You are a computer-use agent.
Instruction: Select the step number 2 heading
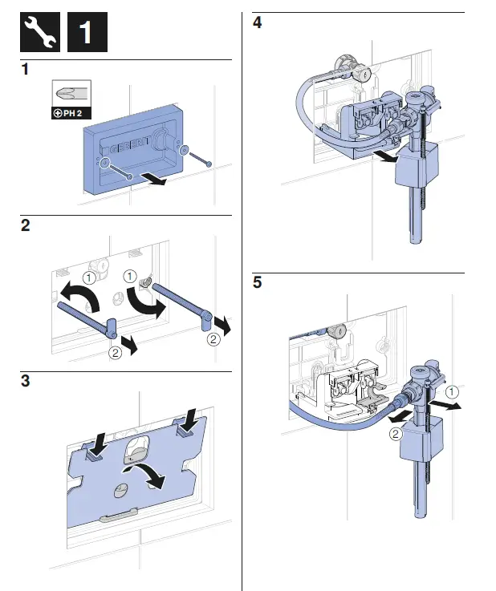(26, 226)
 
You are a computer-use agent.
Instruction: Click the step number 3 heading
(26, 382)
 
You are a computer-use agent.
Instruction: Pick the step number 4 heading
(257, 22)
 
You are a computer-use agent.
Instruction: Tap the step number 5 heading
(257, 282)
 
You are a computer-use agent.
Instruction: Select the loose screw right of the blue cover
(200, 157)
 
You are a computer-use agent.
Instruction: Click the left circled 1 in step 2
(91, 277)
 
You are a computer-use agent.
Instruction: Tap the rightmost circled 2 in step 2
(214, 339)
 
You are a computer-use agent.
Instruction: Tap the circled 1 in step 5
(453, 392)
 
